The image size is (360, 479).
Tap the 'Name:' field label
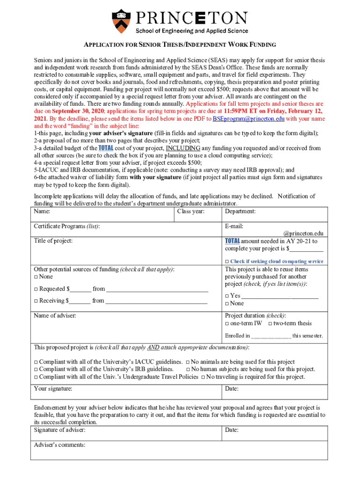click(43, 211)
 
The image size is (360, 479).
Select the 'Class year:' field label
click(191, 211)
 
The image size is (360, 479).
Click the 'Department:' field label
click(240, 211)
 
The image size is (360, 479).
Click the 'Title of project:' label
click(53, 241)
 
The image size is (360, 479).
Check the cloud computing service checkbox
click(227, 261)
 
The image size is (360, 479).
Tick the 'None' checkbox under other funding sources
click(36, 277)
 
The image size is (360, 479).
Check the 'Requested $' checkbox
click(36, 289)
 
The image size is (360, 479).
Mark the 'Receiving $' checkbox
click(36, 301)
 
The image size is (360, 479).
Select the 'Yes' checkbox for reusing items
click(227, 296)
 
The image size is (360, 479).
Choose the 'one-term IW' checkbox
click(227, 324)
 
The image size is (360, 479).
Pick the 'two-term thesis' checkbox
click(270, 324)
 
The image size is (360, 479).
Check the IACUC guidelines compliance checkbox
click(36, 362)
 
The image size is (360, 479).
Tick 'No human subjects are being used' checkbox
click(188, 370)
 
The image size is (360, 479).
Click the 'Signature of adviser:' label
click(59, 430)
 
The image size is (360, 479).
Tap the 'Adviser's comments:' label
click(59, 445)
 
